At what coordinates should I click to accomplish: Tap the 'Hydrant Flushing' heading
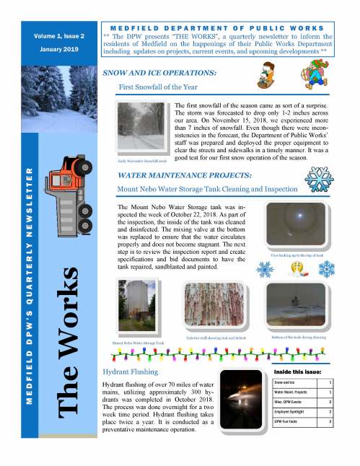coord(124,371)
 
